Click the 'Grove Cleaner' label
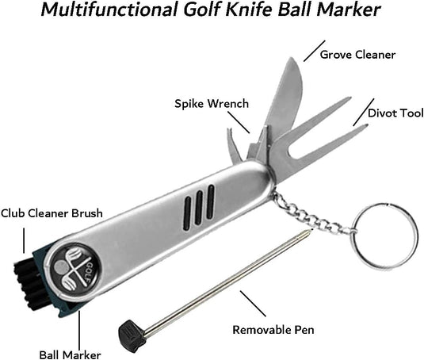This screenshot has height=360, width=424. click(357, 55)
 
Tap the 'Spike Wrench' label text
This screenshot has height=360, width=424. click(212, 104)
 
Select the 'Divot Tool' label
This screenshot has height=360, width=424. click(395, 113)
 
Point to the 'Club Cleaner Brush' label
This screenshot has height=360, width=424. click(52, 213)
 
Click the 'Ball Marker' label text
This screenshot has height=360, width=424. click(70, 355)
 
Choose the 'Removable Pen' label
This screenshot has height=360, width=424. click(273, 330)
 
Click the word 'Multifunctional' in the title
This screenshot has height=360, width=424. click(109, 10)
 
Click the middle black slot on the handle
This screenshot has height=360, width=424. click(199, 209)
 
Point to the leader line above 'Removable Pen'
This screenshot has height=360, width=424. click(253, 304)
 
